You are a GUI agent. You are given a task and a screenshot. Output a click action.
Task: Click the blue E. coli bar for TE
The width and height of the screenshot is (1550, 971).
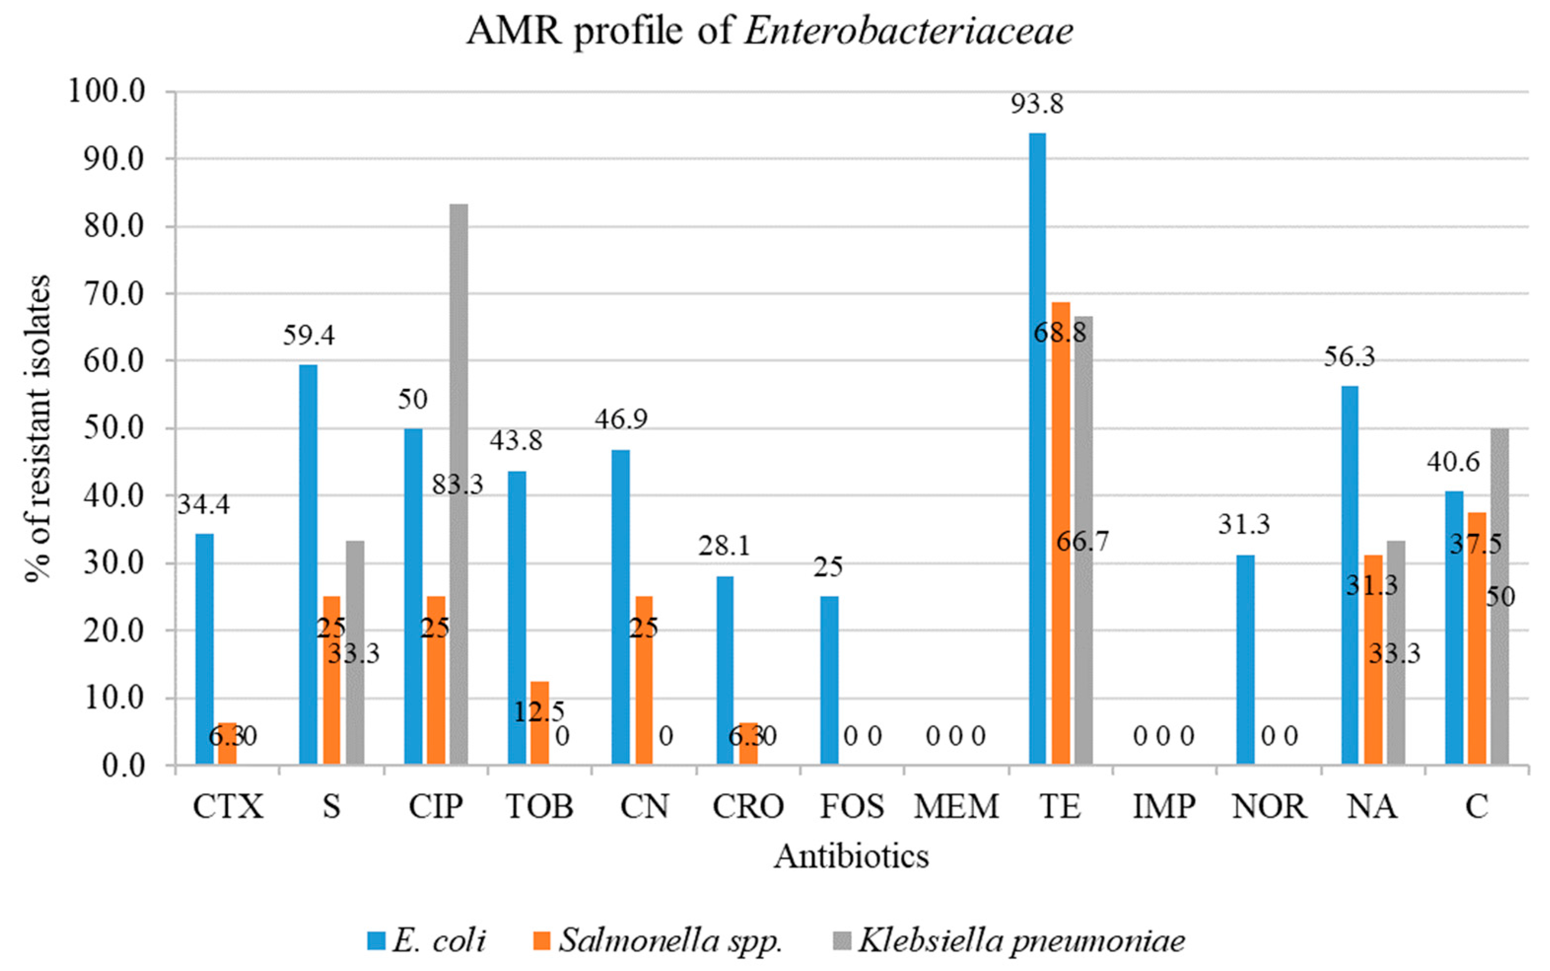pos(1037,450)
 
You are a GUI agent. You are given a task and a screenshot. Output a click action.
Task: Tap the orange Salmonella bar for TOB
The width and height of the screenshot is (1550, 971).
pos(540,723)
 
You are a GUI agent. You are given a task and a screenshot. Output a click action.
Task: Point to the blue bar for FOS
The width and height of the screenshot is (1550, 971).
pos(829,680)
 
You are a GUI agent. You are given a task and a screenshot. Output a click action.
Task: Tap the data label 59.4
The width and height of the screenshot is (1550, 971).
pos(309,336)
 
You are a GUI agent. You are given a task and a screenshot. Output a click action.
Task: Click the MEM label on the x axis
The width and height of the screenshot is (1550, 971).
pos(956,806)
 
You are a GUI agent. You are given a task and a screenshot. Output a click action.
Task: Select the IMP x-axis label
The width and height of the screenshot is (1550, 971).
pos(1164,806)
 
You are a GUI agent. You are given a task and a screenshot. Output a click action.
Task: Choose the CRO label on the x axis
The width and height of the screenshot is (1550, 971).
pos(748,806)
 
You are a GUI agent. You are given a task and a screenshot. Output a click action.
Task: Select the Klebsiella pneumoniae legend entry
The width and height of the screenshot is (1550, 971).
pos(1011,941)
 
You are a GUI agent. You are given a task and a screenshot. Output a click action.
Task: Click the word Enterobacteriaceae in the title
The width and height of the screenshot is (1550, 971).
pos(908,31)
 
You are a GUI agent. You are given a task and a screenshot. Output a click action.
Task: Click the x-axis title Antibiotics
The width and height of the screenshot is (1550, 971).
pos(851,856)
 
